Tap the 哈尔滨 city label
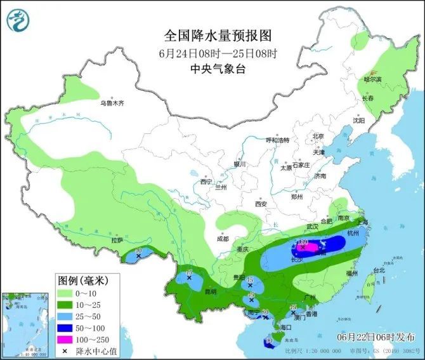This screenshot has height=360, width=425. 372,79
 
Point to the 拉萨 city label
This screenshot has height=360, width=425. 117,241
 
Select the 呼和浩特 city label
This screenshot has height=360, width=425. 277,140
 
